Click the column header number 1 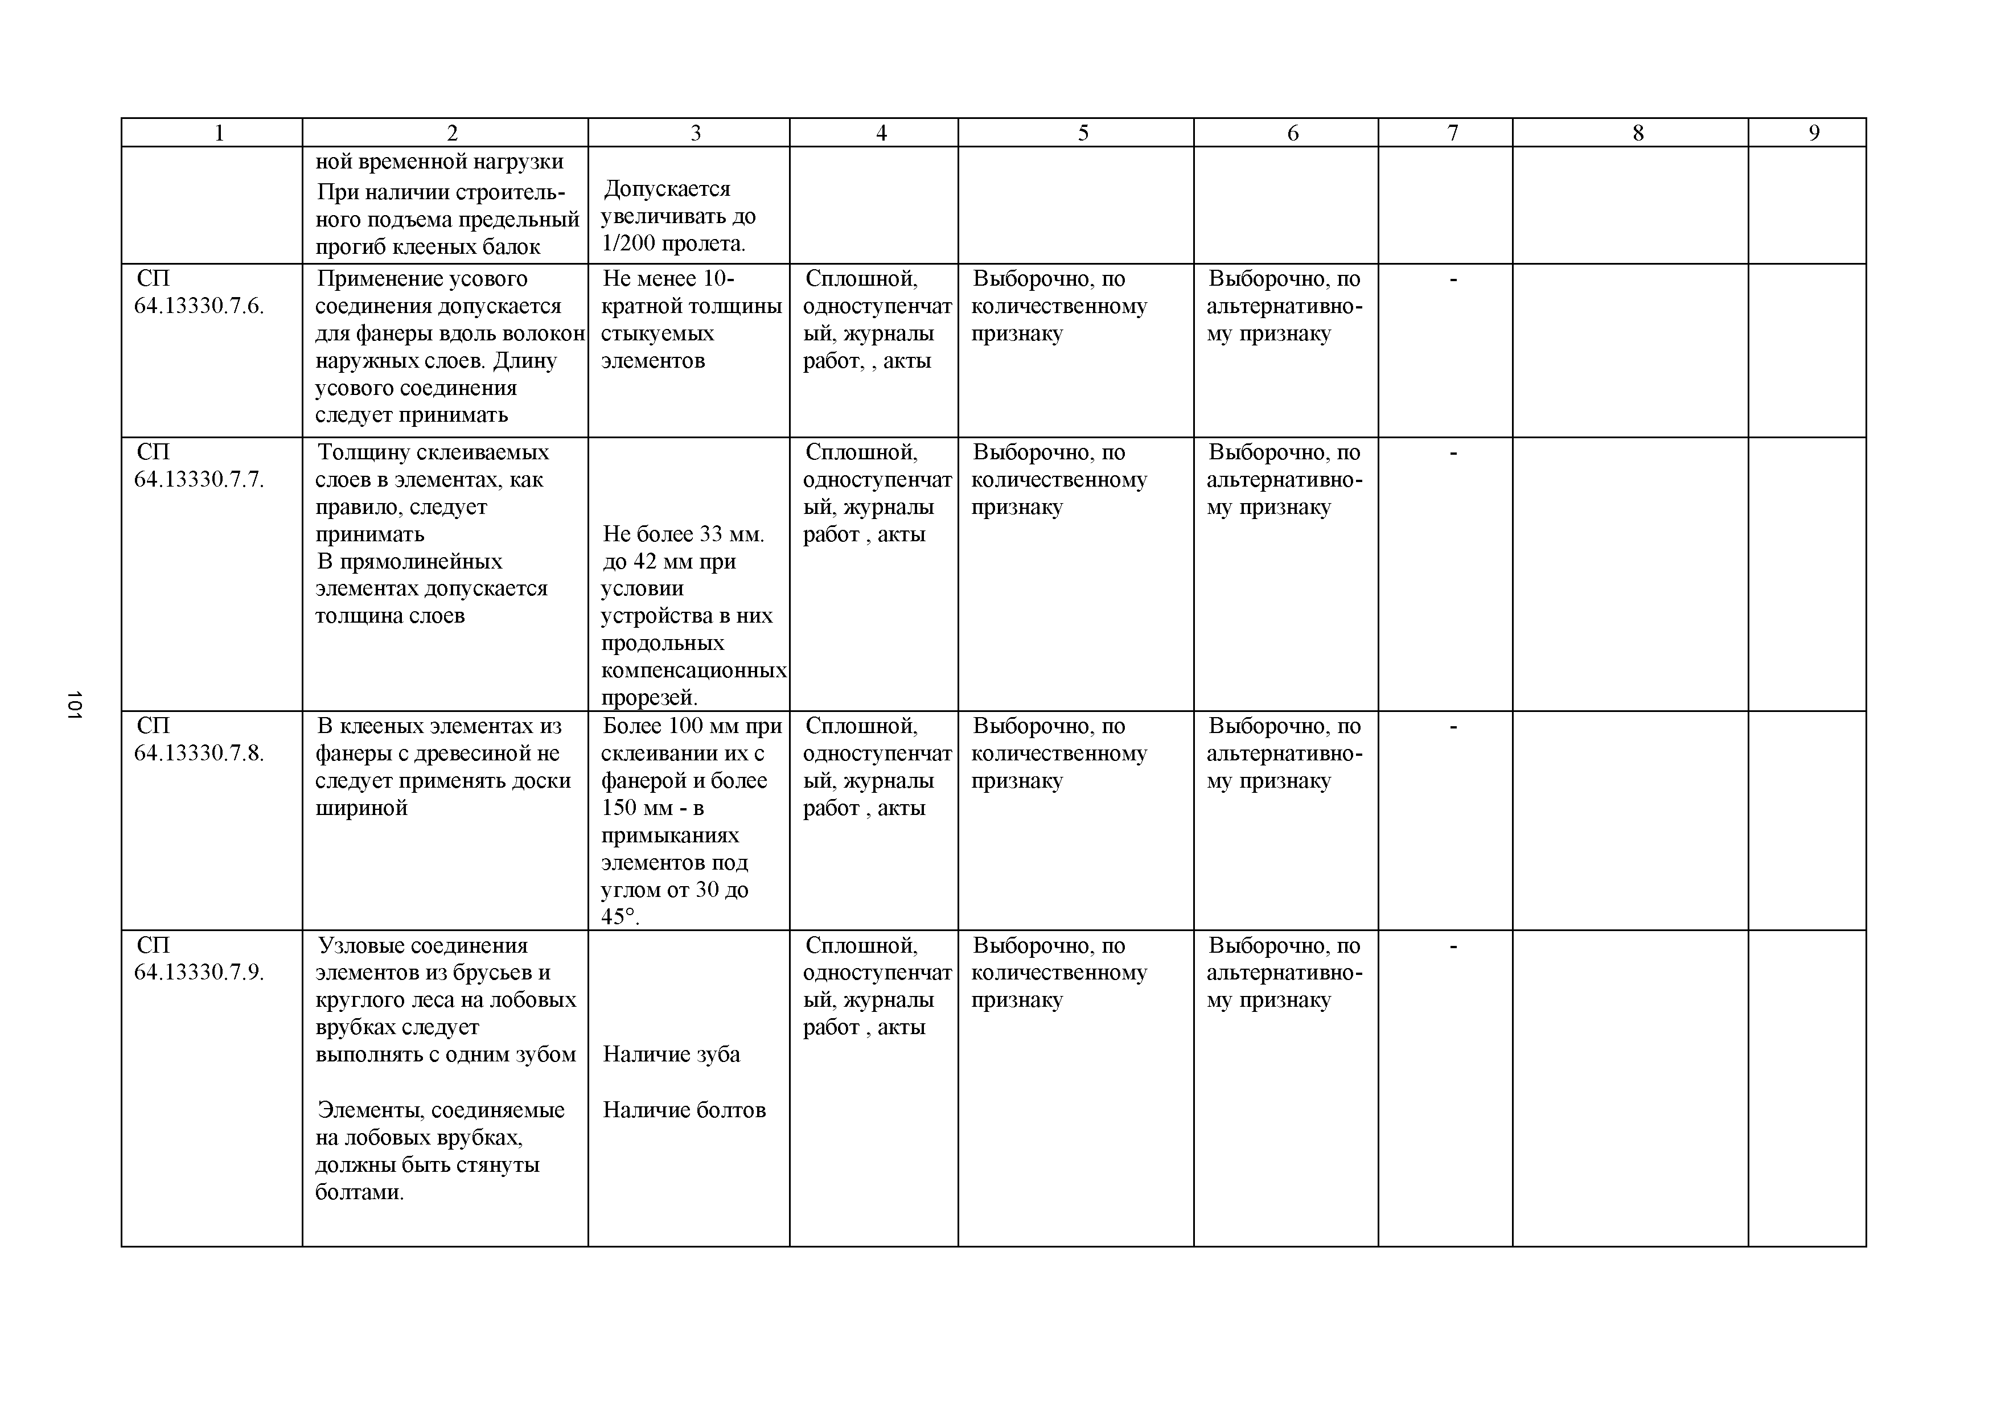coord(219,133)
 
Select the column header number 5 coord(1083,133)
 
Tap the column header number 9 coord(1814,133)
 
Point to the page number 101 coord(74,704)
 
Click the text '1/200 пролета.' coord(674,244)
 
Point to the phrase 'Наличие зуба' coord(672,1055)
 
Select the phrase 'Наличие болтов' coord(684,1110)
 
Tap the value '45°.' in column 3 coord(620,917)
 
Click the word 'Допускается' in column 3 coord(667,189)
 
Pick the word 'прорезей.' coord(650,697)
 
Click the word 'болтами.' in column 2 coord(359,1192)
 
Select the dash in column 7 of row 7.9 coord(1453,946)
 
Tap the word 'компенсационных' coord(694,670)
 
